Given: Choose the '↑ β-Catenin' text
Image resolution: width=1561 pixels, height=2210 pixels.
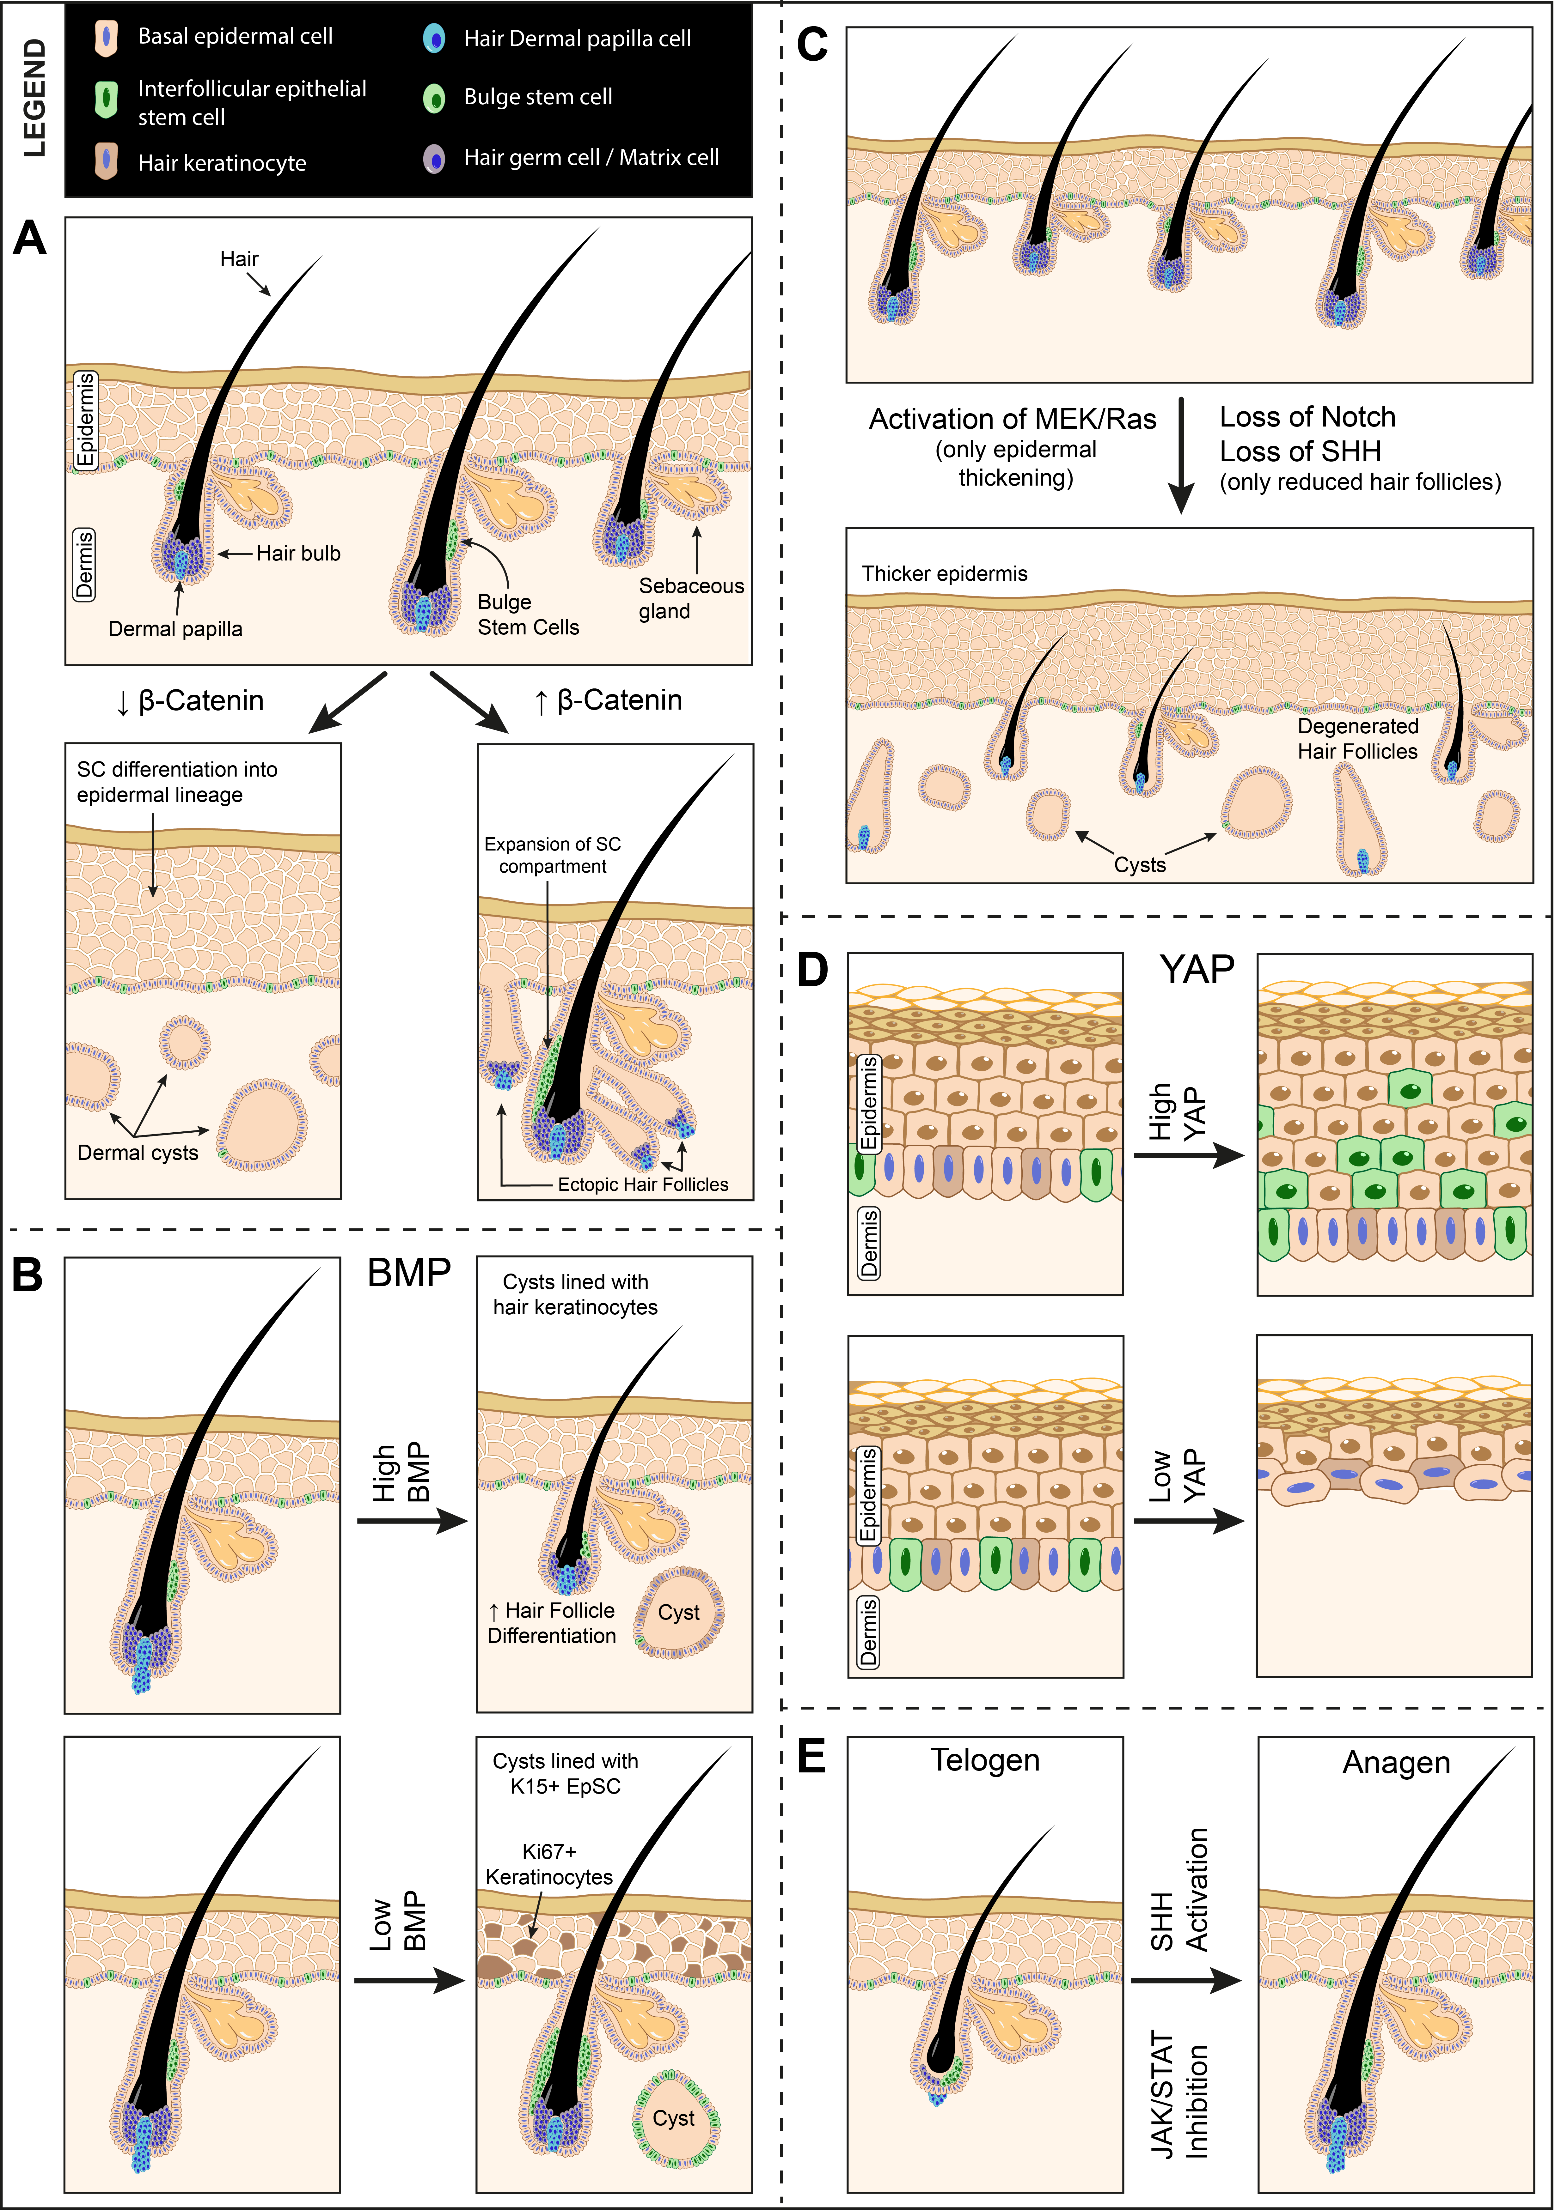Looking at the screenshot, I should point(609,701).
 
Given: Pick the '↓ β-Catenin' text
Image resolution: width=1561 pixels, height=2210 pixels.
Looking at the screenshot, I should point(190,701).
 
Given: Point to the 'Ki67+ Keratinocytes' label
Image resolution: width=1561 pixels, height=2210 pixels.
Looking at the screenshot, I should point(549,1864).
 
